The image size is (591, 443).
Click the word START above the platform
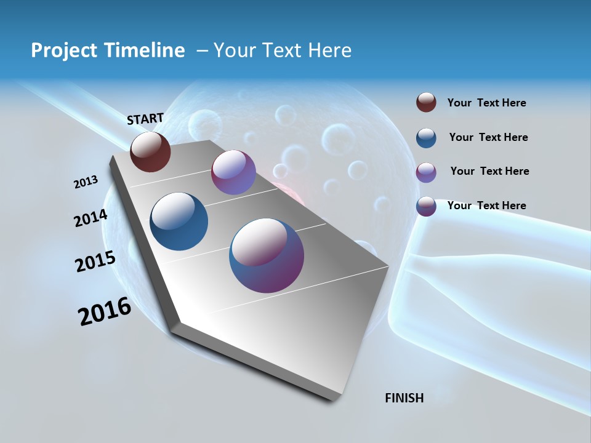click(145, 119)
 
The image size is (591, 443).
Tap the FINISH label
click(404, 398)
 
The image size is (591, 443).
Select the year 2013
click(86, 182)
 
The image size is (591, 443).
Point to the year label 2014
click(91, 218)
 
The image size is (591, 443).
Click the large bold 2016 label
click(105, 311)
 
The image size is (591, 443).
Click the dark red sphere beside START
click(150, 152)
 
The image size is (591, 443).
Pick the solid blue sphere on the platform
click(179, 221)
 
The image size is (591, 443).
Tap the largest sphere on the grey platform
click(267, 255)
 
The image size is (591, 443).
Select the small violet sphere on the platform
click(233, 172)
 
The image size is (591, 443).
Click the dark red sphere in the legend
click(426, 103)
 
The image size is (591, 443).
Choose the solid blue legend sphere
click(426, 138)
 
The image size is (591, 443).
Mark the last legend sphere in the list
click(426, 206)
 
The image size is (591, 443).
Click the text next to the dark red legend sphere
click(486, 103)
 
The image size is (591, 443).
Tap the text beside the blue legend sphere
click(488, 137)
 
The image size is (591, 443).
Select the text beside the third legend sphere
click(489, 171)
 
